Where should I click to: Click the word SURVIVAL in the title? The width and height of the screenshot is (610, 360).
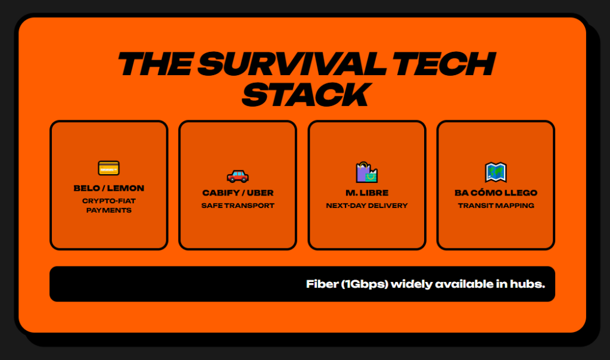pyautogui.click(x=291, y=64)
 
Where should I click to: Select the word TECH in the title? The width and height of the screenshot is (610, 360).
pyautogui.click(x=442, y=64)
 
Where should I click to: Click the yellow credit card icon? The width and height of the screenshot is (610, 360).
pyautogui.click(x=109, y=169)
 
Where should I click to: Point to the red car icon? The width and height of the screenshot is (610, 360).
pyautogui.click(x=238, y=176)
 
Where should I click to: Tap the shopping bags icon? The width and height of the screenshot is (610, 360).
pyautogui.click(x=367, y=172)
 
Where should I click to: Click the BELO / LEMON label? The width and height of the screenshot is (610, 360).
pyautogui.click(x=109, y=188)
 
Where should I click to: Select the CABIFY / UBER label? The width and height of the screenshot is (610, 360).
pyautogui.click(x=238, y=193)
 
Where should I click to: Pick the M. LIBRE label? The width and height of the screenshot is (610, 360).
pyautogui.click(x=367, y=193)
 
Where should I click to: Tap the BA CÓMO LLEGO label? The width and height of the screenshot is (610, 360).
pyautogui.click(x=496, y=193)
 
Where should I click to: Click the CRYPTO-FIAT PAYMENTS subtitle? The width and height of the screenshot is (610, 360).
pyautogui.click(x=109, y=206)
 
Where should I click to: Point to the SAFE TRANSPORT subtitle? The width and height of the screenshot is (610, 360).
pyautogui.click(x=238, y=206)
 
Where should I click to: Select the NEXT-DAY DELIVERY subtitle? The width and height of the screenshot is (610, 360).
pyautogui.click(x=367, y=206)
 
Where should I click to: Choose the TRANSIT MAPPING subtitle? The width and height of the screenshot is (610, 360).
pyautogui.click(x=496, y=206)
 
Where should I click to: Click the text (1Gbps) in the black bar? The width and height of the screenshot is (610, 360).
pyautogui.click(x=365, y=284)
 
